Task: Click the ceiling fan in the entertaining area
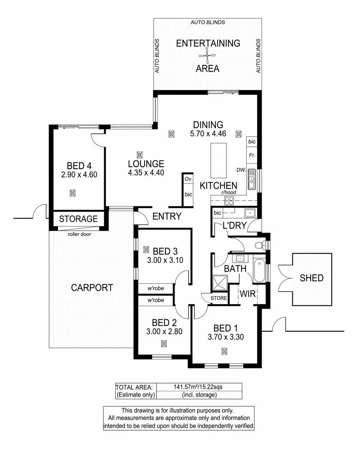(207, 55)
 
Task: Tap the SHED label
(311, 278)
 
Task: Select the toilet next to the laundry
(261, 244)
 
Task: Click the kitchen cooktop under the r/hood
(229, 201)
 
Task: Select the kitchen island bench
(217, 160)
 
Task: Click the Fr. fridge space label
(252, 155)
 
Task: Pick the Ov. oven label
(188, 178)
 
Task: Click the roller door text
(79, 234)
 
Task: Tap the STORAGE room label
(78, 219)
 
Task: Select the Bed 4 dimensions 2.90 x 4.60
(79, 175)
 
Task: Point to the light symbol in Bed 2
(164, 344)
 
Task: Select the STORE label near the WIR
(219, 298)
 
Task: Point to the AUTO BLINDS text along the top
(207, 22)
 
